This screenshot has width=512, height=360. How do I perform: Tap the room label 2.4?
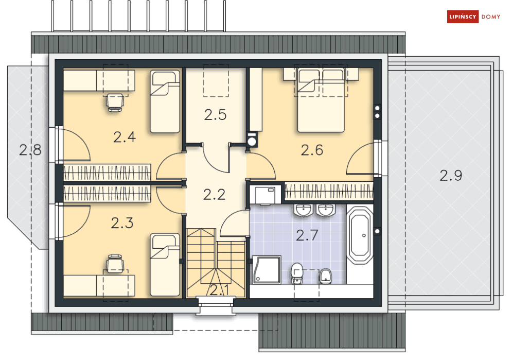point(125,137)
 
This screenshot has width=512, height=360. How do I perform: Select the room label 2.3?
point(122,223)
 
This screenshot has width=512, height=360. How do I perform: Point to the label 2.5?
point(215,115)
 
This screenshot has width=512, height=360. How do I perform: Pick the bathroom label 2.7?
point(307,235)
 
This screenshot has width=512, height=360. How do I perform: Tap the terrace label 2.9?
point(451,176)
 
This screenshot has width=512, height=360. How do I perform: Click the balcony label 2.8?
point(30,150)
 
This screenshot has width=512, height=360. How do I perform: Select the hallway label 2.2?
point(214,195)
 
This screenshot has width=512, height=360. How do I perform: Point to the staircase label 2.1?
point(219,290)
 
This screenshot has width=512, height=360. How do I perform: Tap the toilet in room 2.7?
point(296,273)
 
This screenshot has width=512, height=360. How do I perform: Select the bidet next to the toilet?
point(325,277)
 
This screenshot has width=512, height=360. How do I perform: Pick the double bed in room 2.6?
point(321,100)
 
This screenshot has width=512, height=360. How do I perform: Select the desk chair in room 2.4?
point(115,101)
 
